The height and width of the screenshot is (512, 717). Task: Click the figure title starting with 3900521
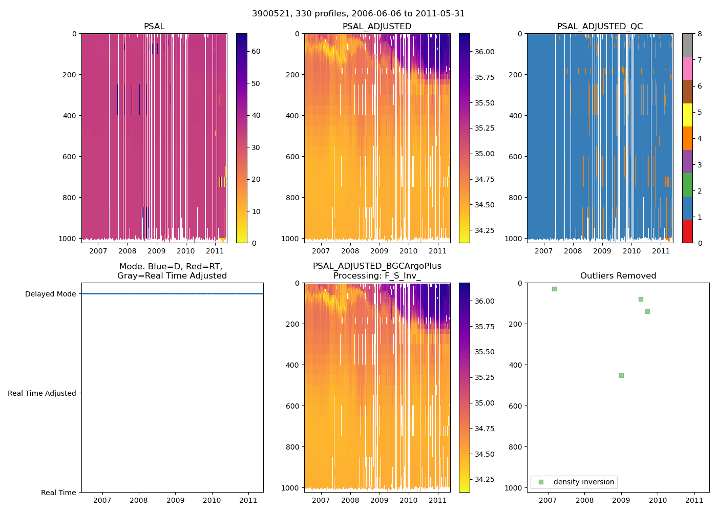click(x=358, y=14)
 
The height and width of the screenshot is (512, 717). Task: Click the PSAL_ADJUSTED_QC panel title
click(x=600, y=27)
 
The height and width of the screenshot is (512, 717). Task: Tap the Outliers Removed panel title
click(x=618, y=276)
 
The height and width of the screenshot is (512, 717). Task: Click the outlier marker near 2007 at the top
click(x=554, y=289)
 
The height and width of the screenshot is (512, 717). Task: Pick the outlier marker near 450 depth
click(x=621, y=375)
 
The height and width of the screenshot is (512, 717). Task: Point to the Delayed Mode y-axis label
click(x=50, y=294)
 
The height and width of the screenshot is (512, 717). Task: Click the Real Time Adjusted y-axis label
click(x=41, y=393)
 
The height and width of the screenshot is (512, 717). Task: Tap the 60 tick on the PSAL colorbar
click(x=256, y=51)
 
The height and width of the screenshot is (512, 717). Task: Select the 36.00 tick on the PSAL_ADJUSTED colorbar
click(x=484, y=52)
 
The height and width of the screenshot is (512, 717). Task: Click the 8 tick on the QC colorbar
click(x=700, y=34)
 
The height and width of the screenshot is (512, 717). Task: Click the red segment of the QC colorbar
click(x=687, y=231)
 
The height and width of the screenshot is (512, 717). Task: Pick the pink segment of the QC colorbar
click(x=687, y=68)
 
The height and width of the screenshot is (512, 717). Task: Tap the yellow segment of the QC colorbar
click(x=687, y=115)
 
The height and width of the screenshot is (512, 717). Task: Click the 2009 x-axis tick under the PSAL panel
click(x=156, y=251)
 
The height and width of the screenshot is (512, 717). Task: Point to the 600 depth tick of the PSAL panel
click(x=70, y=157)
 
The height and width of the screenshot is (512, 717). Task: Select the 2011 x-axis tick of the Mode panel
click(x=248, y=500)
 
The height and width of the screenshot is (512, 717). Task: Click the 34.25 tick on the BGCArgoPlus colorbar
click(x=484, y=479)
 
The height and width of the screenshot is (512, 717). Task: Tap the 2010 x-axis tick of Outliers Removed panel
click(x=658, y=500)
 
